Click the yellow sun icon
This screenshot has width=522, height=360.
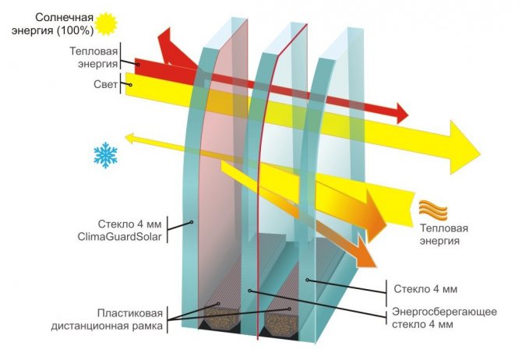106,23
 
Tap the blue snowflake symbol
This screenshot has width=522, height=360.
105,155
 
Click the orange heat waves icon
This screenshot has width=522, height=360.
432,210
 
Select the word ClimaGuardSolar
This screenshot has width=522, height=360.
119,237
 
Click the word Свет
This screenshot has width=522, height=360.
105,84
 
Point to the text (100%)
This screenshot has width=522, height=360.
75,30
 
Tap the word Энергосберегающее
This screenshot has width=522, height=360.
444,312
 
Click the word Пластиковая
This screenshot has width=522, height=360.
130,313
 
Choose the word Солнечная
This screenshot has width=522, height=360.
64,17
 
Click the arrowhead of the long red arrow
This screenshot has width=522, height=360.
402,113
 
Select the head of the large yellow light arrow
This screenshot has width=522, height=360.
465,147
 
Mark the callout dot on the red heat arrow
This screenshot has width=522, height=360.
137,64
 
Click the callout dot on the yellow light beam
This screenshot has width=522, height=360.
131,85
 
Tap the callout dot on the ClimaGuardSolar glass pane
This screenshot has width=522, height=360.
192,222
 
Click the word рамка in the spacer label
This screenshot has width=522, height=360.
147,326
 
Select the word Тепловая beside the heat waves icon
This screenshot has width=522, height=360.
444,228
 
